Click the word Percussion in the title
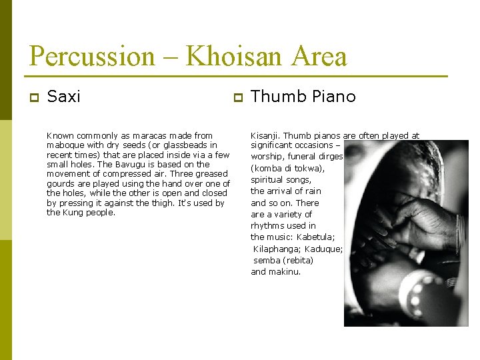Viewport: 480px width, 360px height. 92,56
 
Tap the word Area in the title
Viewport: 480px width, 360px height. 318,56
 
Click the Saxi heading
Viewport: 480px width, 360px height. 65,97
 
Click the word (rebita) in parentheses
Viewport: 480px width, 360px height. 298,260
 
